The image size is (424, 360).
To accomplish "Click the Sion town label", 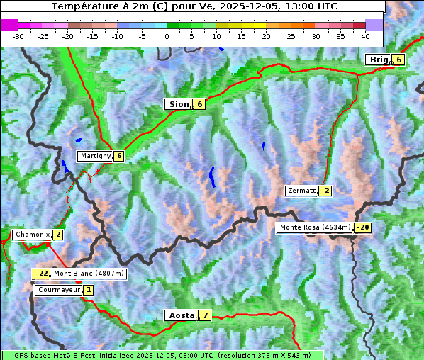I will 178,104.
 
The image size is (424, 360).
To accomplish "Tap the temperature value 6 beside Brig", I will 399,60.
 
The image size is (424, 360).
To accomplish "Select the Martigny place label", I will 95,156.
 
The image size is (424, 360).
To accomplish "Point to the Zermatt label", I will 301,191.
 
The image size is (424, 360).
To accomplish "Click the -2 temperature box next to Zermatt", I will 325,191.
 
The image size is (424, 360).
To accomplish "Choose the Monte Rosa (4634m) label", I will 315,227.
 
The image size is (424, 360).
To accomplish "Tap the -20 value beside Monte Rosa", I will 363,227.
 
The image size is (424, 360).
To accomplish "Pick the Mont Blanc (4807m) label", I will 89,274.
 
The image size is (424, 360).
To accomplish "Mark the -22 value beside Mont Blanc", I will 42,274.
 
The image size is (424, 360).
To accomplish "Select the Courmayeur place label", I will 59,290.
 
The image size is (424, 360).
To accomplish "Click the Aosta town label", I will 180,315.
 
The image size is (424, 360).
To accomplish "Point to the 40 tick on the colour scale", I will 365,35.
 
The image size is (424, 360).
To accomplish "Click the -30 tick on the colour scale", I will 18,35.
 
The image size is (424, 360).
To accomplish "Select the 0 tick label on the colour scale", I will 167,35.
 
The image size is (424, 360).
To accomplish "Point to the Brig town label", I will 379,60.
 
